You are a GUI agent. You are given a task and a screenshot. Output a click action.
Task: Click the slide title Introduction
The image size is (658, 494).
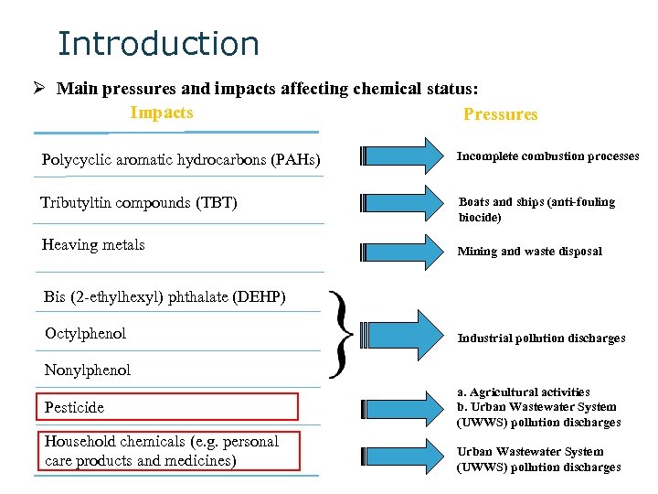point(158,44)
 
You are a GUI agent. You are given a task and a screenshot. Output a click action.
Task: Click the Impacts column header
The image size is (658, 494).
point(162,113)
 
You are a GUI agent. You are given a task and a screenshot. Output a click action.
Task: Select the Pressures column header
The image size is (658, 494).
point(500,114)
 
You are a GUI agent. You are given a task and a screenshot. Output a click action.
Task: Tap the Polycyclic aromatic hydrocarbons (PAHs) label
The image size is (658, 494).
point(181,160)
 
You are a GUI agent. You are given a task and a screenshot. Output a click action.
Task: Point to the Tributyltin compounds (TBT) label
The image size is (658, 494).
point(139,202)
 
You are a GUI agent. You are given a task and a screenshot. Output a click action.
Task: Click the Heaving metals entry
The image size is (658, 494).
point(93,244)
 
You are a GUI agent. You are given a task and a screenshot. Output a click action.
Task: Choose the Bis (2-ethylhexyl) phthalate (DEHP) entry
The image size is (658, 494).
point(164,296)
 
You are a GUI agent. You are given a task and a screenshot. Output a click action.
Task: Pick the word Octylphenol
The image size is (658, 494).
point(86,334)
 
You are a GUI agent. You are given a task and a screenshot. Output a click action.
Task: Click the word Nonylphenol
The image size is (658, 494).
point(88,370)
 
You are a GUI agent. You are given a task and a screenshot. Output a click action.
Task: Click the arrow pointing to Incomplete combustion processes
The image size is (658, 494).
point(401,156)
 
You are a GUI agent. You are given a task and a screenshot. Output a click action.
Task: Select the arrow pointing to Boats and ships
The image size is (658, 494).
point(401,203)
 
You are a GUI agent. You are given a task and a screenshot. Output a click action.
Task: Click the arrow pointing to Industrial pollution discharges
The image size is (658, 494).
point(401,336)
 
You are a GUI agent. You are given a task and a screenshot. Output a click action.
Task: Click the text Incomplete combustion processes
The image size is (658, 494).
point(547,156)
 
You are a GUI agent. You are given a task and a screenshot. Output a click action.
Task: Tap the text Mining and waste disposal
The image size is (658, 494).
point(529,252)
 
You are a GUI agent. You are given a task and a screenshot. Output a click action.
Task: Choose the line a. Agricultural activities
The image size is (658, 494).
point(524,392)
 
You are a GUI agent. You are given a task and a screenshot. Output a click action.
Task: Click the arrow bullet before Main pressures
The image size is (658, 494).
point(40,89)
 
